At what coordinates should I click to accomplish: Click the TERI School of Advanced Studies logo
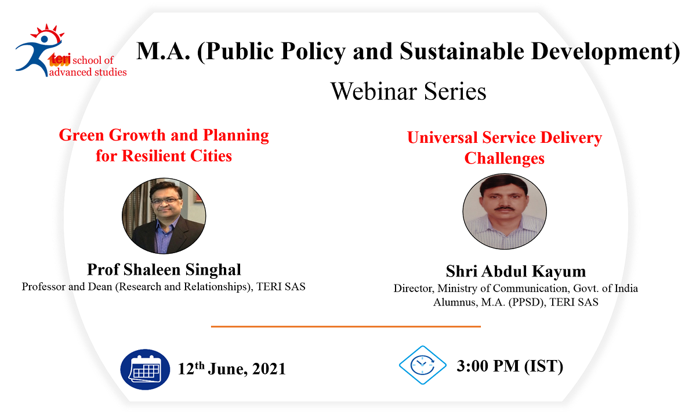point(71,51)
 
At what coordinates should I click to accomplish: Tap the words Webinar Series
point(408,92)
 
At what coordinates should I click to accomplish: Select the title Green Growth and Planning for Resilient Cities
point(164,146)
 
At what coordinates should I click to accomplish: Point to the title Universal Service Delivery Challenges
point(504,147)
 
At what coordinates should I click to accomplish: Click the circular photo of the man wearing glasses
point(164,215)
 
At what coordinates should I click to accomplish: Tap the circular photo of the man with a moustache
point(505,211)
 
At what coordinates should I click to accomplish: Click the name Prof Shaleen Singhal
point(164,269)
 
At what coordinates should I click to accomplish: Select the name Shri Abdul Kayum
point(516,271)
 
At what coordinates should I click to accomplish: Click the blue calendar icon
point(145,369)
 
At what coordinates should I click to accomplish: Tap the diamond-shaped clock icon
point(423,365)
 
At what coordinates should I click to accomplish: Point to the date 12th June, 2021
point(231,369)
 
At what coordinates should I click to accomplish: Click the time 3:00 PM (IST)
point(510,366)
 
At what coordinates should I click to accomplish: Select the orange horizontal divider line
point(346,326)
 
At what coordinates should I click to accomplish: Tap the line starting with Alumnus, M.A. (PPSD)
point(516,302)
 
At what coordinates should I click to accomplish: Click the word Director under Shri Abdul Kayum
point(414,289)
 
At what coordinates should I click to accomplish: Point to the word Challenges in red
point(504,159)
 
